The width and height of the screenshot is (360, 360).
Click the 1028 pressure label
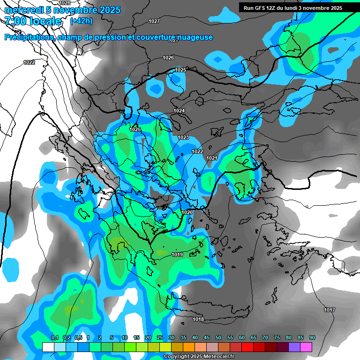point(65,3)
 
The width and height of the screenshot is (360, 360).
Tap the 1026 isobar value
point(168,58)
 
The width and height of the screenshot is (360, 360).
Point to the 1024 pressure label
point(179,111)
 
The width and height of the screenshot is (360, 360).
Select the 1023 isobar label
point(183,137)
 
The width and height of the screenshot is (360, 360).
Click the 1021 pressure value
point(212,158)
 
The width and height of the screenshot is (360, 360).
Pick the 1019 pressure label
point(177,255)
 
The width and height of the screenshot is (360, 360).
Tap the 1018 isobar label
point(198,319)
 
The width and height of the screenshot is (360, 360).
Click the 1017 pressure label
point(329,310)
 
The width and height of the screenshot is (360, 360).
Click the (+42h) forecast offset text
point(81,21)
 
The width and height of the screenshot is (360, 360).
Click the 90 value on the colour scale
point(312,337)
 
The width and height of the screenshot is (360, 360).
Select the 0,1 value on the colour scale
point(54,337)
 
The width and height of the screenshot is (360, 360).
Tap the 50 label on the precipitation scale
point(218,337)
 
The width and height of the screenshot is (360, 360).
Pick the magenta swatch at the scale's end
point(306,347)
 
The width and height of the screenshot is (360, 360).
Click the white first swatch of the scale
point(48,347)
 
